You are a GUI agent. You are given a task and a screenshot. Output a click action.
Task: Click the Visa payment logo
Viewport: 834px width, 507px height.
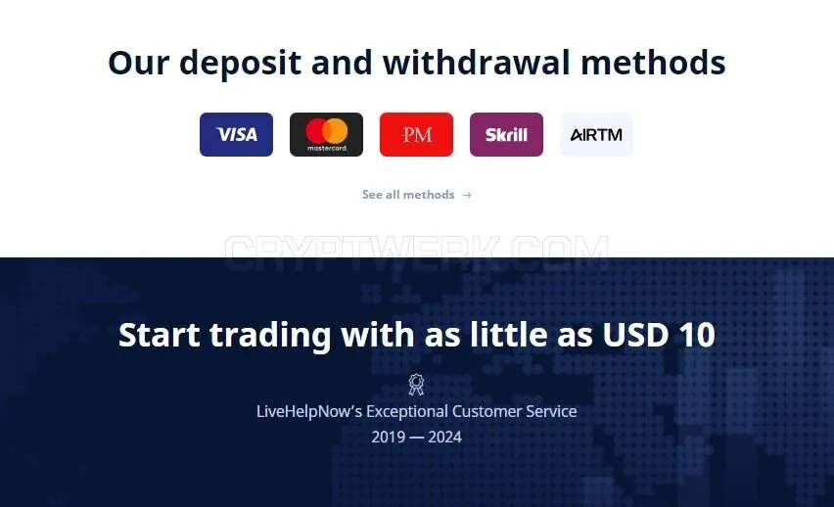[x=236, y=135]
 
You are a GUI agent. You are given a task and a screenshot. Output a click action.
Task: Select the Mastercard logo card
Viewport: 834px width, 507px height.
[x=326, y=135]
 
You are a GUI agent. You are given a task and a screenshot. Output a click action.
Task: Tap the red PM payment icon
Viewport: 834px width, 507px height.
[x=416, y=135]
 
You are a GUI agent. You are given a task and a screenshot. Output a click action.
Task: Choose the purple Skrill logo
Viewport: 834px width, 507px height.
[x=506, y=135]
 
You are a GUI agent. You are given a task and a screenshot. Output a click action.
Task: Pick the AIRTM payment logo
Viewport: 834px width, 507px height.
[x=596, y=135]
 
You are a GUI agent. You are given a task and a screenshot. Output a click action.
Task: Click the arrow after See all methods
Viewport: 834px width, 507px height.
[x=467, y=195]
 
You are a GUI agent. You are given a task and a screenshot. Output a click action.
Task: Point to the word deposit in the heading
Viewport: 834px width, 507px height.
[x=241, y=63]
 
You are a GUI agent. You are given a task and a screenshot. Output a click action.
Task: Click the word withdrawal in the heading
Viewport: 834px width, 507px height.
[x=477, y=62]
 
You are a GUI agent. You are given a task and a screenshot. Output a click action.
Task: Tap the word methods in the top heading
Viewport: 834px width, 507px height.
[x=653, y=62]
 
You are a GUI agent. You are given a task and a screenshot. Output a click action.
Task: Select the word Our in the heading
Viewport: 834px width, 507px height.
[x=138, y=63]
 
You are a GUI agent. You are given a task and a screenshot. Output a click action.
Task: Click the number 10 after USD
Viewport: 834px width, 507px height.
[x=697, y=335]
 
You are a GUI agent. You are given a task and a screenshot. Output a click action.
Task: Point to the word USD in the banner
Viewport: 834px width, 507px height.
[x=635, y=335]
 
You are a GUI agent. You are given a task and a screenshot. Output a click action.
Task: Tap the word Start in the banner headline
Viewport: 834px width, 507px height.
[x=159, y=335]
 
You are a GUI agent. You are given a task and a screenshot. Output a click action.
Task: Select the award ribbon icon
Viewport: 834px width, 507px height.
[x=416, y=384]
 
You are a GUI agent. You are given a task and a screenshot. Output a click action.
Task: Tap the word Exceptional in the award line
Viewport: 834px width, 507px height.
[x=407, y=411]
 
